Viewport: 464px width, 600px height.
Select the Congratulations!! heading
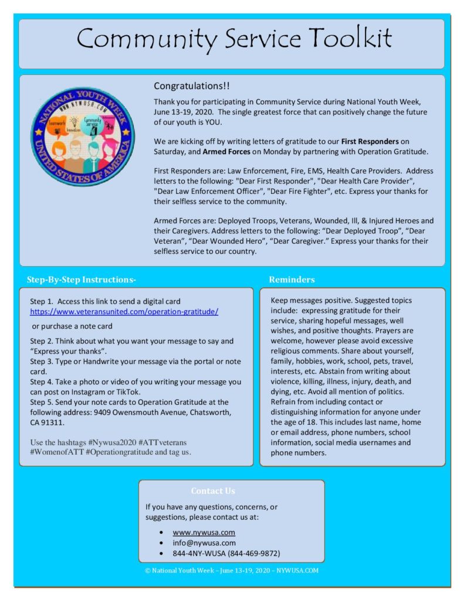point(192,86)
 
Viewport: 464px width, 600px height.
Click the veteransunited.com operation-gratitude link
point(124,312)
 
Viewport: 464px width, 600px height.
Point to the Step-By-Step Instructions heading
point(81,279)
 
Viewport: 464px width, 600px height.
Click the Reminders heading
point(292,279)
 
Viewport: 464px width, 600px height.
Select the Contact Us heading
point(213,490)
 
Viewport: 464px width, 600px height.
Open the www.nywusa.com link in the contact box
point(204,532)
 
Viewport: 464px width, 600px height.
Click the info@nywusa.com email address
point(204,543)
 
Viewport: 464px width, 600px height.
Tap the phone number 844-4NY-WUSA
point(198,553)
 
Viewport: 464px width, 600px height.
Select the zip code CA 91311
point(48,421)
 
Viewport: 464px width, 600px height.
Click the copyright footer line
point(232,570)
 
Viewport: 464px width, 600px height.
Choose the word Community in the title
point(148,39)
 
